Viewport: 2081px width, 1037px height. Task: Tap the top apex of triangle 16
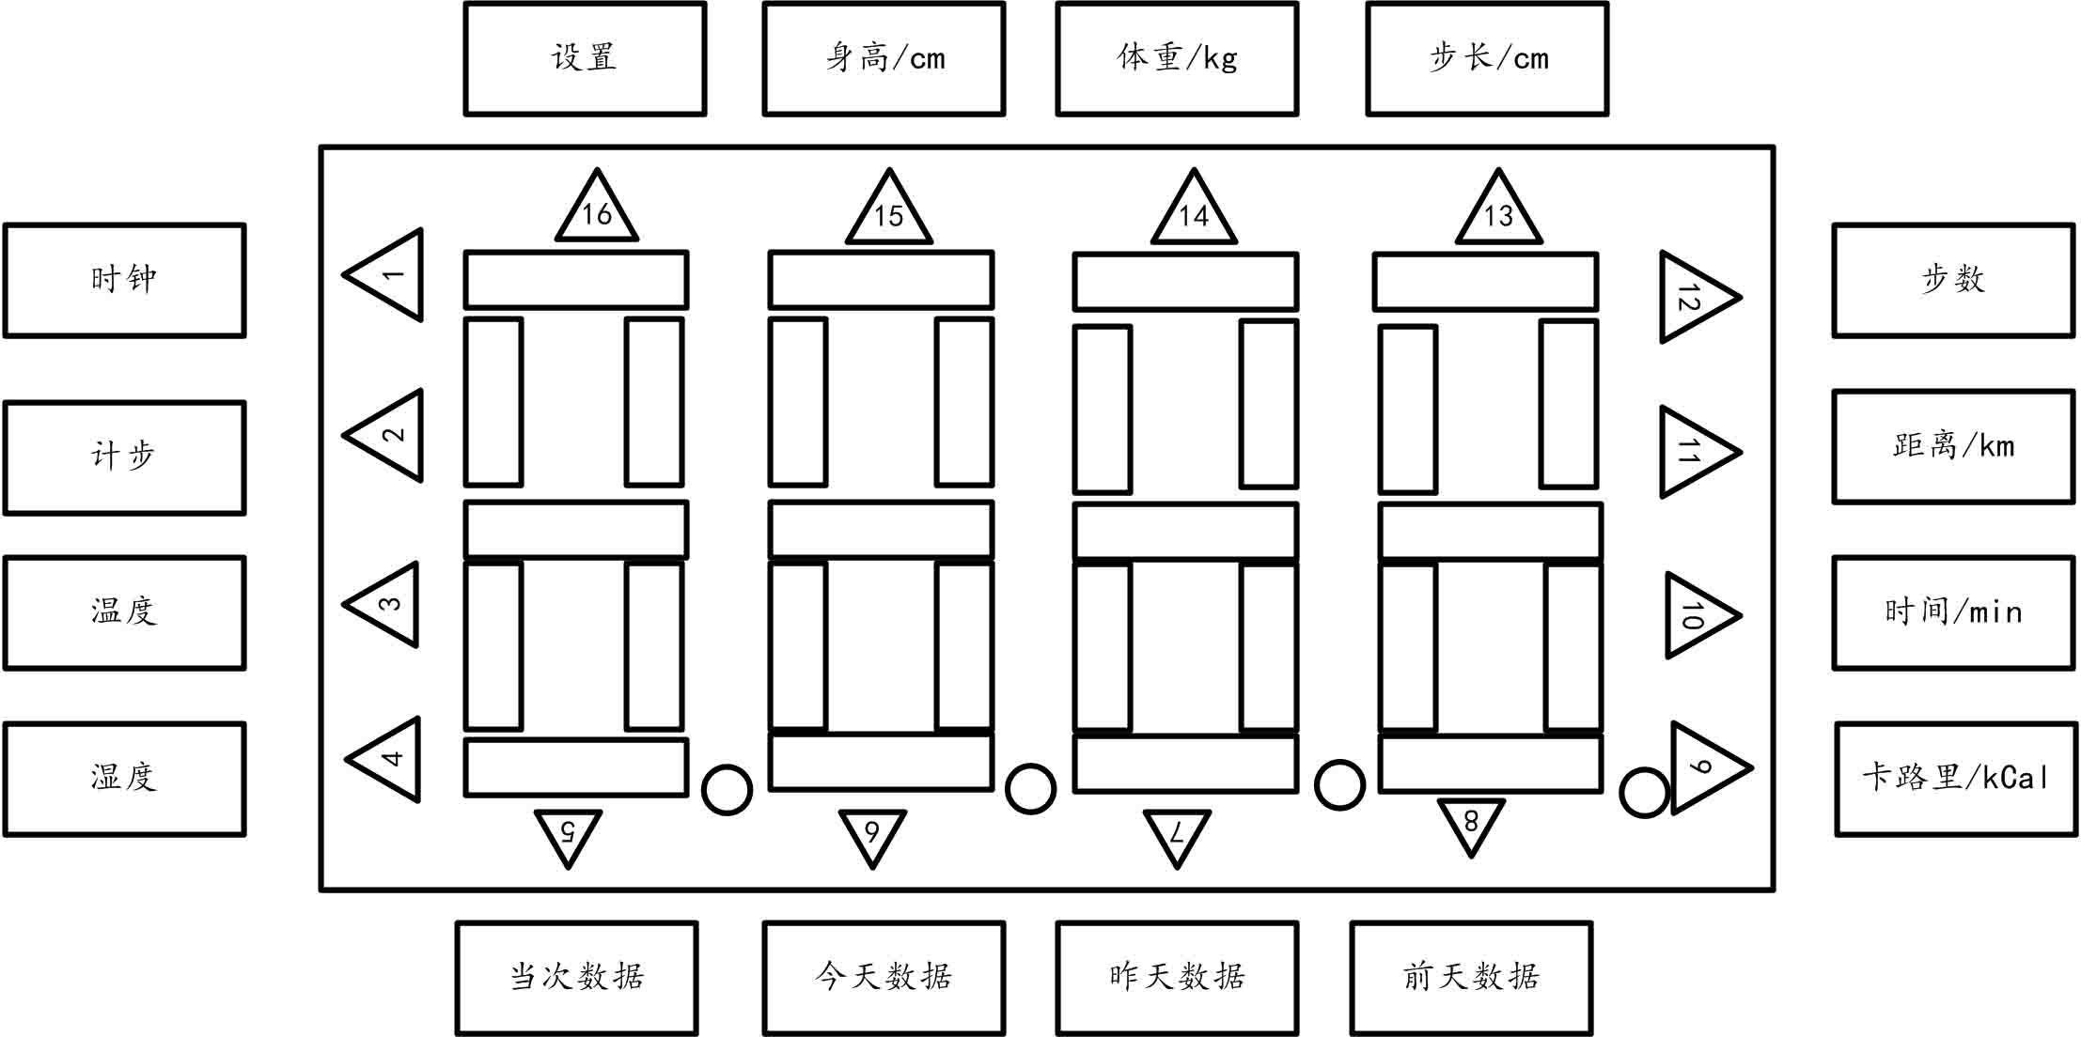(x=597, y=170)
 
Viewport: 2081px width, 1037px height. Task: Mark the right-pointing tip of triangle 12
(x=1740, y=298)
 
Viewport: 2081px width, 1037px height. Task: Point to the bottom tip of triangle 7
(x=1176, y=868)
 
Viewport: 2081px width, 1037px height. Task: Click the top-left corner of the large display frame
(x=321, y=147)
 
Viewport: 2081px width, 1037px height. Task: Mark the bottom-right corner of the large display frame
(x=1773, y=889)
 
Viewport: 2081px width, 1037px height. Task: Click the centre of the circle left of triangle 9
(x=1645, y=792)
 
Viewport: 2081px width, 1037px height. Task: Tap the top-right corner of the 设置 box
(x=704, y=4)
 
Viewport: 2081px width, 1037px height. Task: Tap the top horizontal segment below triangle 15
(x=881, y=280)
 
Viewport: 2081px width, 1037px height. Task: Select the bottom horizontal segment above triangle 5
(x=576, y=767)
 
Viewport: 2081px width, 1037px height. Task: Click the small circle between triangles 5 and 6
(x=727, y=789)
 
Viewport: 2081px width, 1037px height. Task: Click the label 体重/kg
(x=1177, y=58)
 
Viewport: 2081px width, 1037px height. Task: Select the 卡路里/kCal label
(x=1955, y=778)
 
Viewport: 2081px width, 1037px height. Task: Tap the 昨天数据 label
(x=1177, y=977)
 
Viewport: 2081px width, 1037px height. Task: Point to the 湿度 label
(x=124, y=778)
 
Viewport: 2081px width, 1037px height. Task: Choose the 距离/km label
(x=1953, y=445)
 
